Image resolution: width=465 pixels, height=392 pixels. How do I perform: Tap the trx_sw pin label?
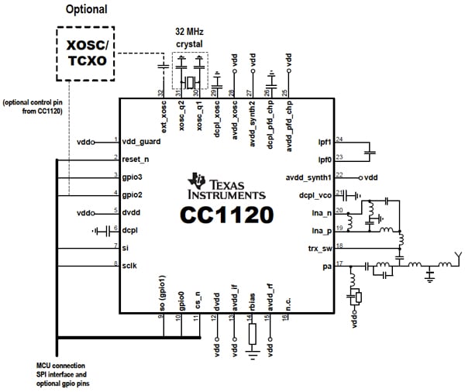coord(312,247)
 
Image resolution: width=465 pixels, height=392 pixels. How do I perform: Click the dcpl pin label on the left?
coord(130,229)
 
